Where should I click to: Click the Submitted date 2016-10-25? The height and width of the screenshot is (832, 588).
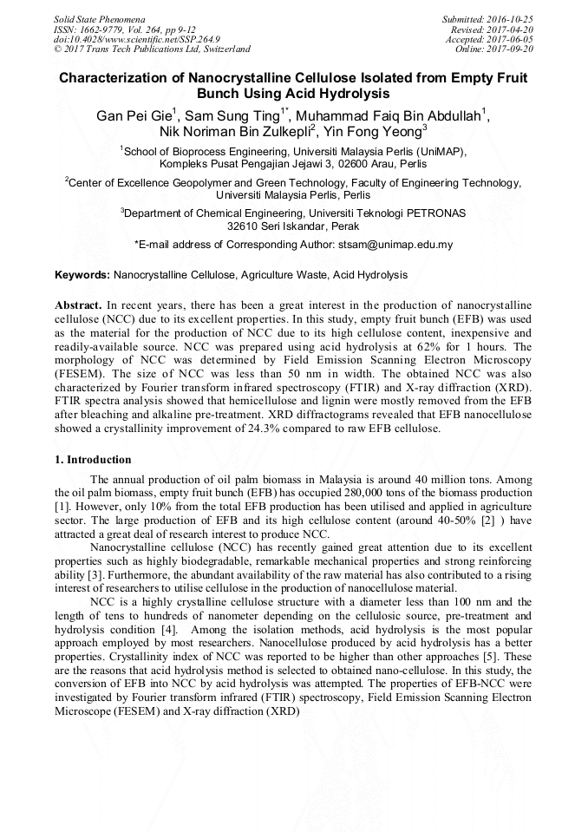(509, 19)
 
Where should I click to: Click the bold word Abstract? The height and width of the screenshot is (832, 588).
(78, 306)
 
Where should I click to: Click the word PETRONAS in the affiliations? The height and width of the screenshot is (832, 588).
(434, 213)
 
